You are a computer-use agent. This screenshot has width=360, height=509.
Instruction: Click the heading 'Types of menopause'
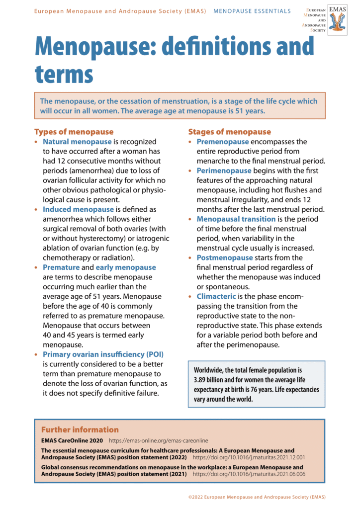[x=74, y=132]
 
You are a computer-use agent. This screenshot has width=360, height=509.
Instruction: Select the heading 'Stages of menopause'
[x=229, y=132]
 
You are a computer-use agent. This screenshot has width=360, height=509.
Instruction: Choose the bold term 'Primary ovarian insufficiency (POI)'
[x=103, y=354]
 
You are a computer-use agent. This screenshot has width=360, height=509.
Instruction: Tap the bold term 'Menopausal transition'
[x=236, y=219]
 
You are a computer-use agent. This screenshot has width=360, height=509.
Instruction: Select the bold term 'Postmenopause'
[x=225, y=257]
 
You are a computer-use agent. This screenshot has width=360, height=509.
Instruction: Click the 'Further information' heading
[x=80, y=429]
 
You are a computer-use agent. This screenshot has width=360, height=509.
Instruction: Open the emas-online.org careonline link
[x=159, y=441]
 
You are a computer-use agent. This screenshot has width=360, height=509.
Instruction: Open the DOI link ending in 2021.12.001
[x=249, y=457]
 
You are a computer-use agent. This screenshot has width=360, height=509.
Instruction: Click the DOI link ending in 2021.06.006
[x=249, y=474]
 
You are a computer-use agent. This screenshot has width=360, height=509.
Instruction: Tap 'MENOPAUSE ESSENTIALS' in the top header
[x=252, y=11]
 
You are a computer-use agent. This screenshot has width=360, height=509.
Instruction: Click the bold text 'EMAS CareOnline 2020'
[x=72, y=441]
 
